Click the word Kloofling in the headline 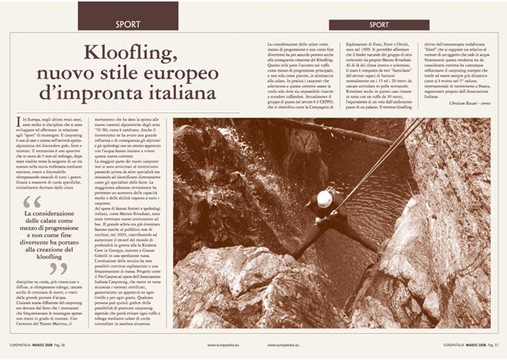[130, 53]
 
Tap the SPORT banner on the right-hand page [378, 25]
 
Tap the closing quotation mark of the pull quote [59, 269]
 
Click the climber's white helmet [325, 198]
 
